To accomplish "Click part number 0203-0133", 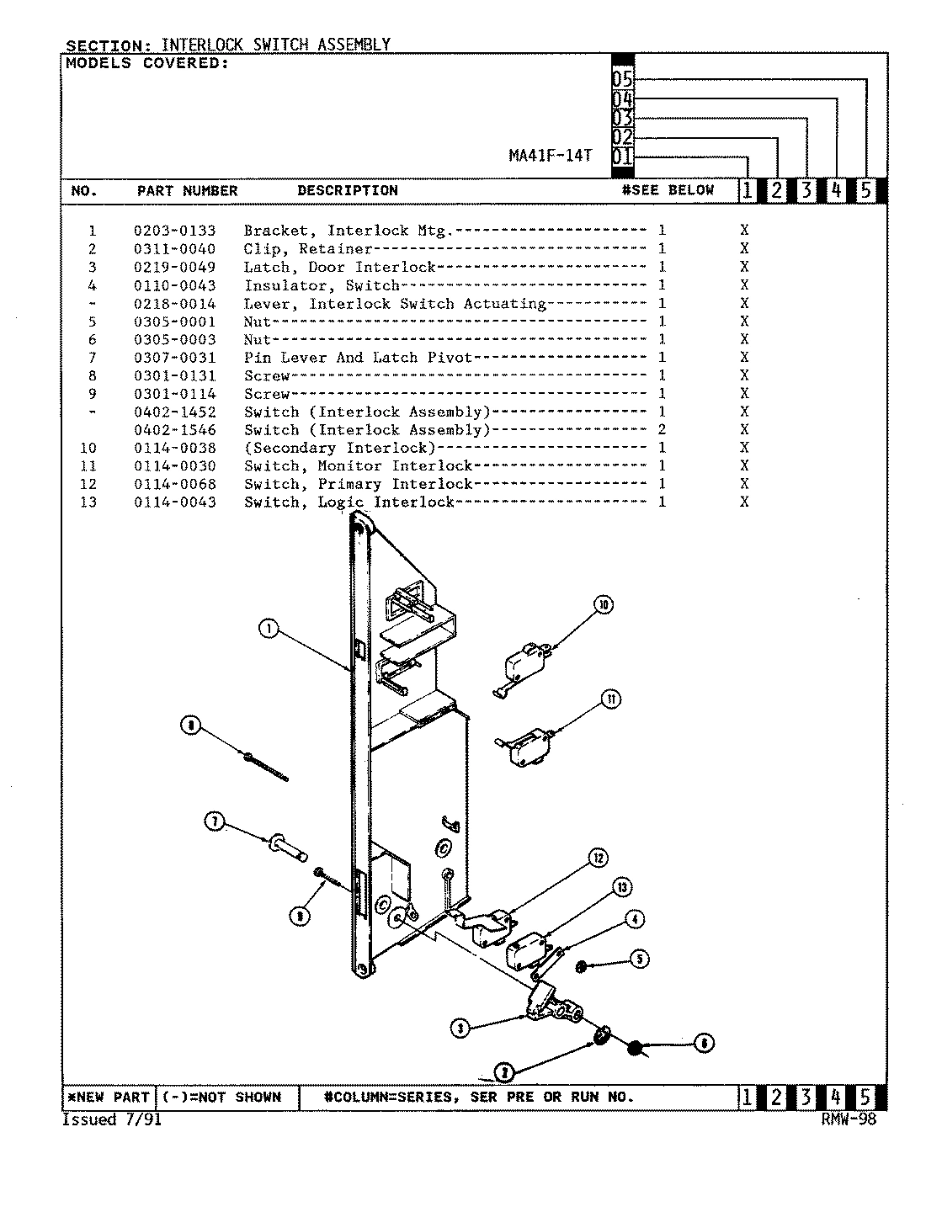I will [x=174, y=231].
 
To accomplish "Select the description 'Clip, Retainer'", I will [x=307, y=249].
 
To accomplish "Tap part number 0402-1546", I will [x=174, y=430].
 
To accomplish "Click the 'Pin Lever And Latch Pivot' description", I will [x=358, y=358].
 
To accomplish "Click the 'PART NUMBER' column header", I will [x=187, y=191].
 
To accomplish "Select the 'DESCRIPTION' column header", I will [x=347, y=191].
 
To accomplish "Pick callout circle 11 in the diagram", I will [x=610, y=699].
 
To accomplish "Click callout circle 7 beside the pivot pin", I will [x=216, y=822].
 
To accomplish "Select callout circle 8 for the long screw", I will [x=192, y=726].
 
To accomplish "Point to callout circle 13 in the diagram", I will [x=622, y=887].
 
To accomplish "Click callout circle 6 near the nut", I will [x=703, y=1044].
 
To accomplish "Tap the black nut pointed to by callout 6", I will [x=636, y=1047].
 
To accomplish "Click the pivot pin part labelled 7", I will [x=286, y=845].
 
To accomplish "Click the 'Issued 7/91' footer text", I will [x=111, y=1120].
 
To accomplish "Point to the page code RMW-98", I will [x=848, y=1120].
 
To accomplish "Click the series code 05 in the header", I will [x=622, y=79].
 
